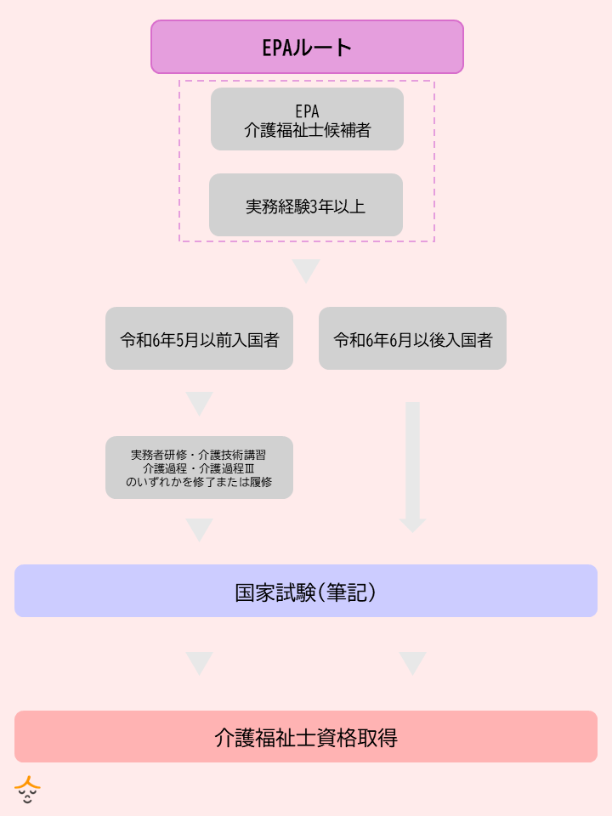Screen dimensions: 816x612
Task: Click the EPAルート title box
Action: [307, 47]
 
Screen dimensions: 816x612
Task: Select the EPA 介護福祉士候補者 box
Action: [307, 119]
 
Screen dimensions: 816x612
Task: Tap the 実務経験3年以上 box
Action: [306, 205]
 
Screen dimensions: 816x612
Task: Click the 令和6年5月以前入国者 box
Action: [199, 338]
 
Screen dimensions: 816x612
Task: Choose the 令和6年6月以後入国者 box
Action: [412, 338]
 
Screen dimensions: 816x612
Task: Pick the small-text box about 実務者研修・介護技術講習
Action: [199, 467]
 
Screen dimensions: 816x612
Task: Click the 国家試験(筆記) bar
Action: [306, 591]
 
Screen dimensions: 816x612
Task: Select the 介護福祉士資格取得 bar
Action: [306, 736]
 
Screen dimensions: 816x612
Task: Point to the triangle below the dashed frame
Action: [306, 269]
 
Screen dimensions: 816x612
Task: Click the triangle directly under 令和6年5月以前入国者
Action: [199, 402]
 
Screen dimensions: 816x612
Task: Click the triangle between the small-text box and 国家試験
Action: [199, 529]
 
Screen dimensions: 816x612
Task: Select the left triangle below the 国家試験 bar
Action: [199, 662]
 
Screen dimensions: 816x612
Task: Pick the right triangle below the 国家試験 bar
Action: [412, 662]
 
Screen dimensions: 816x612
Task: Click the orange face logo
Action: [28, 790]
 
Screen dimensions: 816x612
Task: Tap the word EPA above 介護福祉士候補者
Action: [307, 111]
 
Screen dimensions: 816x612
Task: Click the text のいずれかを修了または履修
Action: [199, 481]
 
